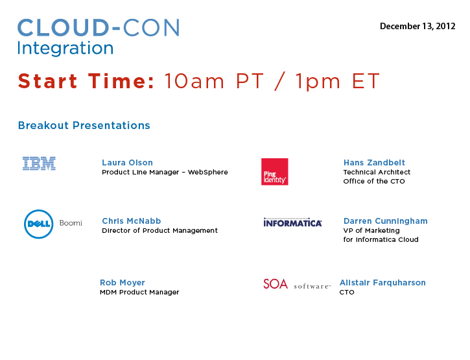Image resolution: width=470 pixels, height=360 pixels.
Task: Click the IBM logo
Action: click(40, 163)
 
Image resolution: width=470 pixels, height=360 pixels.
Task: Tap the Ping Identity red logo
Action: click(275, 172)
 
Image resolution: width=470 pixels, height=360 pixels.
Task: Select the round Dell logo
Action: click(39, 224)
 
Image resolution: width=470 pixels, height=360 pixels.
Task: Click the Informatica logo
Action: click(292, 222)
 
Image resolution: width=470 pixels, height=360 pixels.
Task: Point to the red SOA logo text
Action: click(276, 284)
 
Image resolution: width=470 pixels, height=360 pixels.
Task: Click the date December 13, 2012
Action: click(417, 27)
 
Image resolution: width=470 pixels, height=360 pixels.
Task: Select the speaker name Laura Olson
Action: click(128, 163)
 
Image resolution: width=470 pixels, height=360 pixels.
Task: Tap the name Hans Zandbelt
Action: click(374, 163)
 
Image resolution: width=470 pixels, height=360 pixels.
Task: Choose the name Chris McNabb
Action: click(132, 221)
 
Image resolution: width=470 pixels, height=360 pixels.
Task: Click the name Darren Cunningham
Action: click(386, 221)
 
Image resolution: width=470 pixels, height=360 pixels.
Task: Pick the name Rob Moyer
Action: click(123, 283)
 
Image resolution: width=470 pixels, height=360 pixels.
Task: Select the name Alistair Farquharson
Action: click(382, 283)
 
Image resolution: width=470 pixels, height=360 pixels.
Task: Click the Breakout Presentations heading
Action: click(84, 125)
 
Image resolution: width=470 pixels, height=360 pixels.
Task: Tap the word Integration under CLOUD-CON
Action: click(65, 48)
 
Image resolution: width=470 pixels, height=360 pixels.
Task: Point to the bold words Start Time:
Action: click(86, 81)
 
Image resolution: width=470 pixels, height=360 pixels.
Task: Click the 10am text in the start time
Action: click(194, 81)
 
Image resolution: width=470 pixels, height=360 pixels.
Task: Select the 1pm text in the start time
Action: click(318, 82)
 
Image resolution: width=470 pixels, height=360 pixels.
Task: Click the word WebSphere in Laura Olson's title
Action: click(207, 172)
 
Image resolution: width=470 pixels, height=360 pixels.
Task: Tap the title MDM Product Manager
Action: click(139, 292)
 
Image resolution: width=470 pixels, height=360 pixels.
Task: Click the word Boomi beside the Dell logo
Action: click(71, 223)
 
